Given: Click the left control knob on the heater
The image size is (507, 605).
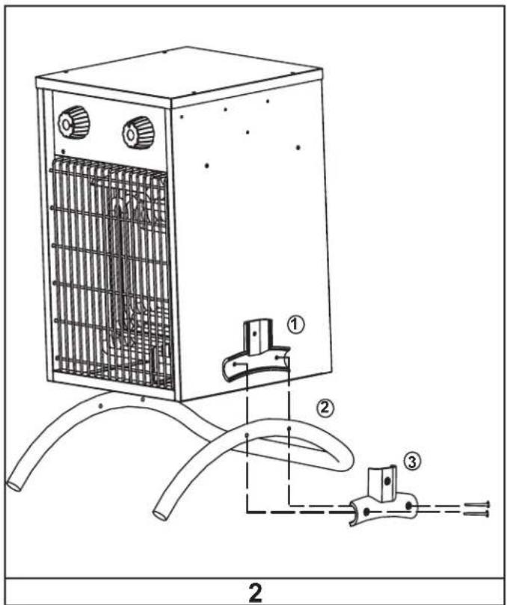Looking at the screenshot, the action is [74, 122].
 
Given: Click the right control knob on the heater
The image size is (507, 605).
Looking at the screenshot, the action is [138, 132].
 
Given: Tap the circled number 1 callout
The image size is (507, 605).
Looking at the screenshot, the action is [295, 325].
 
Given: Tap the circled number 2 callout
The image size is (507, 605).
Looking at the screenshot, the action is [325, 408].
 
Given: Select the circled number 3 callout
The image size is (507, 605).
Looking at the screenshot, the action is [412, 461].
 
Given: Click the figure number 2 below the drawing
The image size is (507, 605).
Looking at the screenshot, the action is [255, 592].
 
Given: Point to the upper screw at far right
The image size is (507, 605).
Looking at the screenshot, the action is [477, 504].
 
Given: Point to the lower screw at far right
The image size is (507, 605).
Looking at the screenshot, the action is [477, 514].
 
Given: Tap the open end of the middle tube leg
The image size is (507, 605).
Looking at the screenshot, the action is [161, 515].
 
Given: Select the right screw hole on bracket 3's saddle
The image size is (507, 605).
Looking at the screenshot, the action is [409, 505].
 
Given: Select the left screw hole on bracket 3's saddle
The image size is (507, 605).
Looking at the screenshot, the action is [366, 512].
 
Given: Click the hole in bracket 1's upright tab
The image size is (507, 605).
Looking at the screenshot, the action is [254, 334].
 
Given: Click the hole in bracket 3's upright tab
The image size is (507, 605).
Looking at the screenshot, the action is [387, 481].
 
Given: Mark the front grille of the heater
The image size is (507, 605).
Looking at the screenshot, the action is [111, 273].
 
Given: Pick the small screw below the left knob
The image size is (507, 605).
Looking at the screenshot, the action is [64, 151].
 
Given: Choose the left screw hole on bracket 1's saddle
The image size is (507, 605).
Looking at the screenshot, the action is [235, 364].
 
